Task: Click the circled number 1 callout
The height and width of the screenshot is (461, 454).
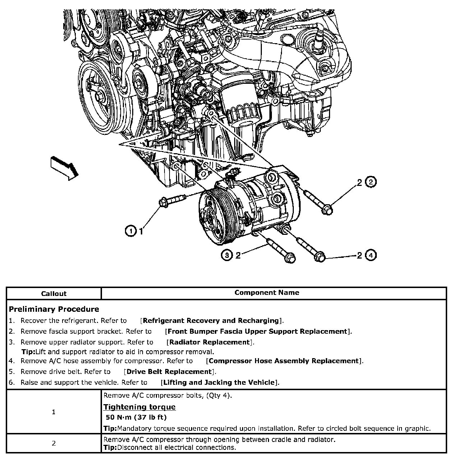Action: [131, 231]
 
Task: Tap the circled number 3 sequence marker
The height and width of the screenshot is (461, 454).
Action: [227, 255]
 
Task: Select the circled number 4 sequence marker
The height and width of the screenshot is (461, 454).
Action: [371, 255]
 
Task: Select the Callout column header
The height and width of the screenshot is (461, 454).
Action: [54, 293]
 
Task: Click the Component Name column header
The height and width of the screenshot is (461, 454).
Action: [267, 293]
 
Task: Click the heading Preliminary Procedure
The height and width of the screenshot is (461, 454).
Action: [54, 309]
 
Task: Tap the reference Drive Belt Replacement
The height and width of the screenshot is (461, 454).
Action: [169, 371]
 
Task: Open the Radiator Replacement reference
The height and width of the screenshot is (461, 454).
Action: [210, 342]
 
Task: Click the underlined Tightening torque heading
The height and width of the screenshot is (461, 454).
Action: [139, 407]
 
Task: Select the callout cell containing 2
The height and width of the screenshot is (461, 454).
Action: [54, 443]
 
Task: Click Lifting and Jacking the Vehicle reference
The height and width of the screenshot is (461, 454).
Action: [219, 382]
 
